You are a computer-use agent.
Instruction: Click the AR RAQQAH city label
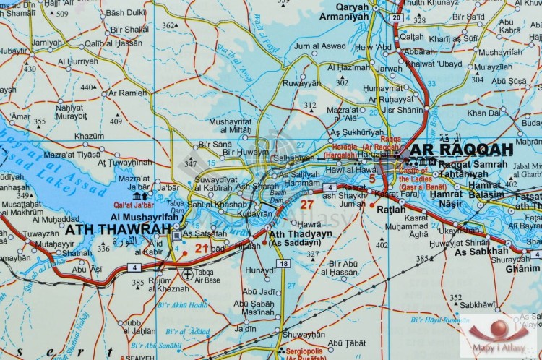pos(462,150)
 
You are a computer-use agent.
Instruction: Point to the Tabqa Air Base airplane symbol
pos(189,274)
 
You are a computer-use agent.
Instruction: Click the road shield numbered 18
pos(284,264)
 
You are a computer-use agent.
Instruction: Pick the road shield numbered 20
pos(395,17)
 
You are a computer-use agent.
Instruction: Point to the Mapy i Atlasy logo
pos(499,335)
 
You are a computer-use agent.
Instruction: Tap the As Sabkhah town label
pos(481,251)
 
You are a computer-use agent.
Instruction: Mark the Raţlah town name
pos(392,210)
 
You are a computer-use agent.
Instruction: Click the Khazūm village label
pos(89,135)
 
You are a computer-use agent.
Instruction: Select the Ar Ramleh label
pos(128,93)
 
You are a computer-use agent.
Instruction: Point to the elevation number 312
pos(309,105)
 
